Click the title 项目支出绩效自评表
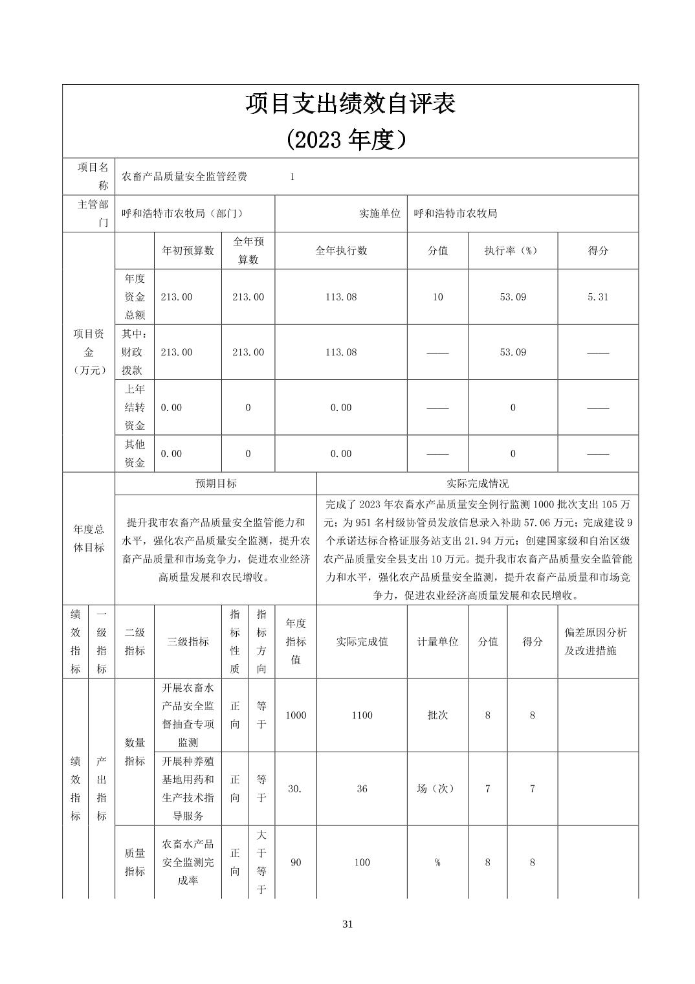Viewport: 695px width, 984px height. click(350, 104)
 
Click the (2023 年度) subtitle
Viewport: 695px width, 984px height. click(350, 139)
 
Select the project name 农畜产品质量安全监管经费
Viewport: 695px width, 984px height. click(184, 177)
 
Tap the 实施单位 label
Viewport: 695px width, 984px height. click(380, 214)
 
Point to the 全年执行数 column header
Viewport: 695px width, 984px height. click(341, 251)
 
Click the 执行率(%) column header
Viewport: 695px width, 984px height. click(513, 251)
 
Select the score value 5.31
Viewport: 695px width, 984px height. click(598, 297)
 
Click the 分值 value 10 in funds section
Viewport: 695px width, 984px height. click(437, 297)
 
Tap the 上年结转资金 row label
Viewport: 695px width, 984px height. click(135, 407)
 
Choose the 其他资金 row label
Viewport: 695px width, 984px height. click(135, 453)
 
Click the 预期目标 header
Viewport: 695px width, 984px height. click(216, 484)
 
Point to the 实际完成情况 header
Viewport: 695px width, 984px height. click(478, 484)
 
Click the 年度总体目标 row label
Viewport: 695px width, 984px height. click(89, 539)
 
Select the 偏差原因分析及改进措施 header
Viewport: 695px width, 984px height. click(596, 642)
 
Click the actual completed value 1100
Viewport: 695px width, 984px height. click(362, 715)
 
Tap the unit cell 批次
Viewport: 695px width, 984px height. click(437, 715)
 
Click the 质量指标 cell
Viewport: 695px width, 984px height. click(135, 862)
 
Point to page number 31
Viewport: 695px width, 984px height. click(347, 924)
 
